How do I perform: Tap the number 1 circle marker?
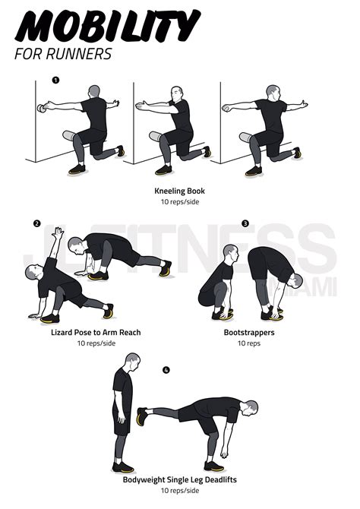(x=55, y=80)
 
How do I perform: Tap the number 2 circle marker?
(x=36, y=223)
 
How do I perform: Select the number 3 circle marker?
(x=245, y=223)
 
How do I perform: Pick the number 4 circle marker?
(x=166, y=371)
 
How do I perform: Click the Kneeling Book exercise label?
(x=179, y=191)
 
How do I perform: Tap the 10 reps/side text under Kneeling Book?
(x=179, y=202)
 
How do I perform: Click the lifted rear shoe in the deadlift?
(x=141, y=416)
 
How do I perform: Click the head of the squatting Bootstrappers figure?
(x=230, y=251)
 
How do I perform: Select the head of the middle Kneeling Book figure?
(x=176, y=94)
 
